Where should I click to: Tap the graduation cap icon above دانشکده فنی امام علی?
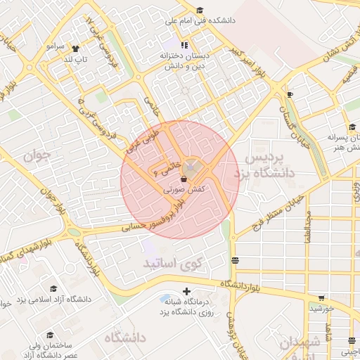pos(200,10)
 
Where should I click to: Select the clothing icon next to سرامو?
pos(75,49)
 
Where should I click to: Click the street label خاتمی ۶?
pos(167,169)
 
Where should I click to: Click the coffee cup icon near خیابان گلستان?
pos(290,94)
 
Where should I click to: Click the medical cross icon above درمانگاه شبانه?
pos(186,291)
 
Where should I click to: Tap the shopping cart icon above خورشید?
pos(322,297)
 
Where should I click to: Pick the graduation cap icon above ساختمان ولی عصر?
pos(50,335)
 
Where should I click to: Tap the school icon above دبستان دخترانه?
pos(167,45)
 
